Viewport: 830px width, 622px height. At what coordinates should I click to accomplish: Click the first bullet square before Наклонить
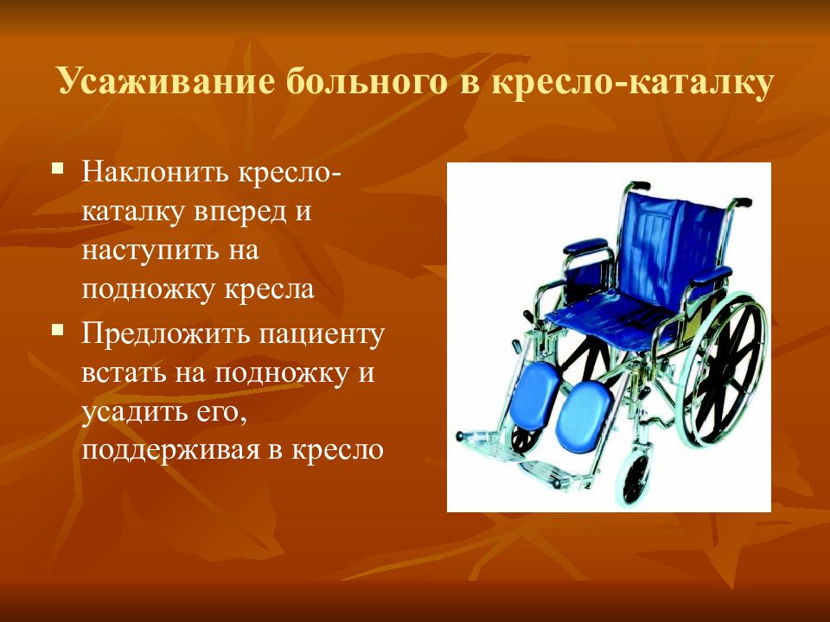tap(58, 169)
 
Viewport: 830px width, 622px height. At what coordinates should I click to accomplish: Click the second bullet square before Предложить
tap(58, 331)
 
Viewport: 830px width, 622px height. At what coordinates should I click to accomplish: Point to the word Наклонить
tap(154, 172)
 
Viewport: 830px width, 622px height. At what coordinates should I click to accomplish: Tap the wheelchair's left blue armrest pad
tap(586, 245)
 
